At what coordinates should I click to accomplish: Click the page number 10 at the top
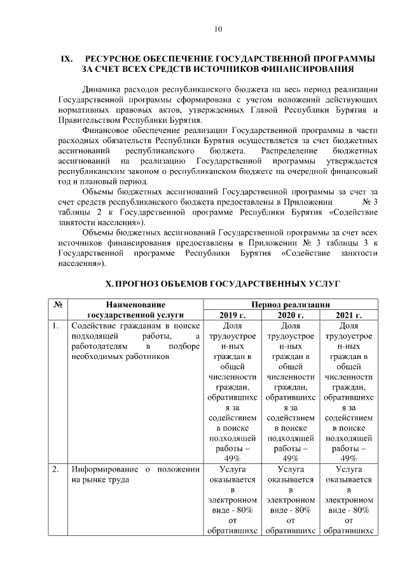click(x=218, y=29)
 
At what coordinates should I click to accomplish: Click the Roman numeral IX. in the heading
click(x=67, y=58)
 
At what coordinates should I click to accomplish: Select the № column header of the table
click(x=58, y=304)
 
